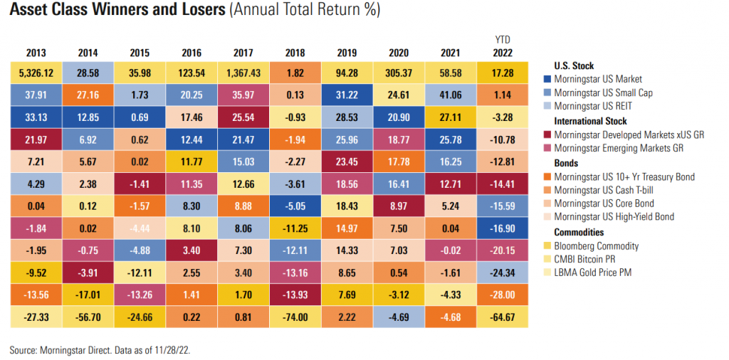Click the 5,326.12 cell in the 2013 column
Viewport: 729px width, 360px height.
coord(36,72)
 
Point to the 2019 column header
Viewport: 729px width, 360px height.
coord(347,52)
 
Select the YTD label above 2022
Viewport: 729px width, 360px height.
coord(503,39)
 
